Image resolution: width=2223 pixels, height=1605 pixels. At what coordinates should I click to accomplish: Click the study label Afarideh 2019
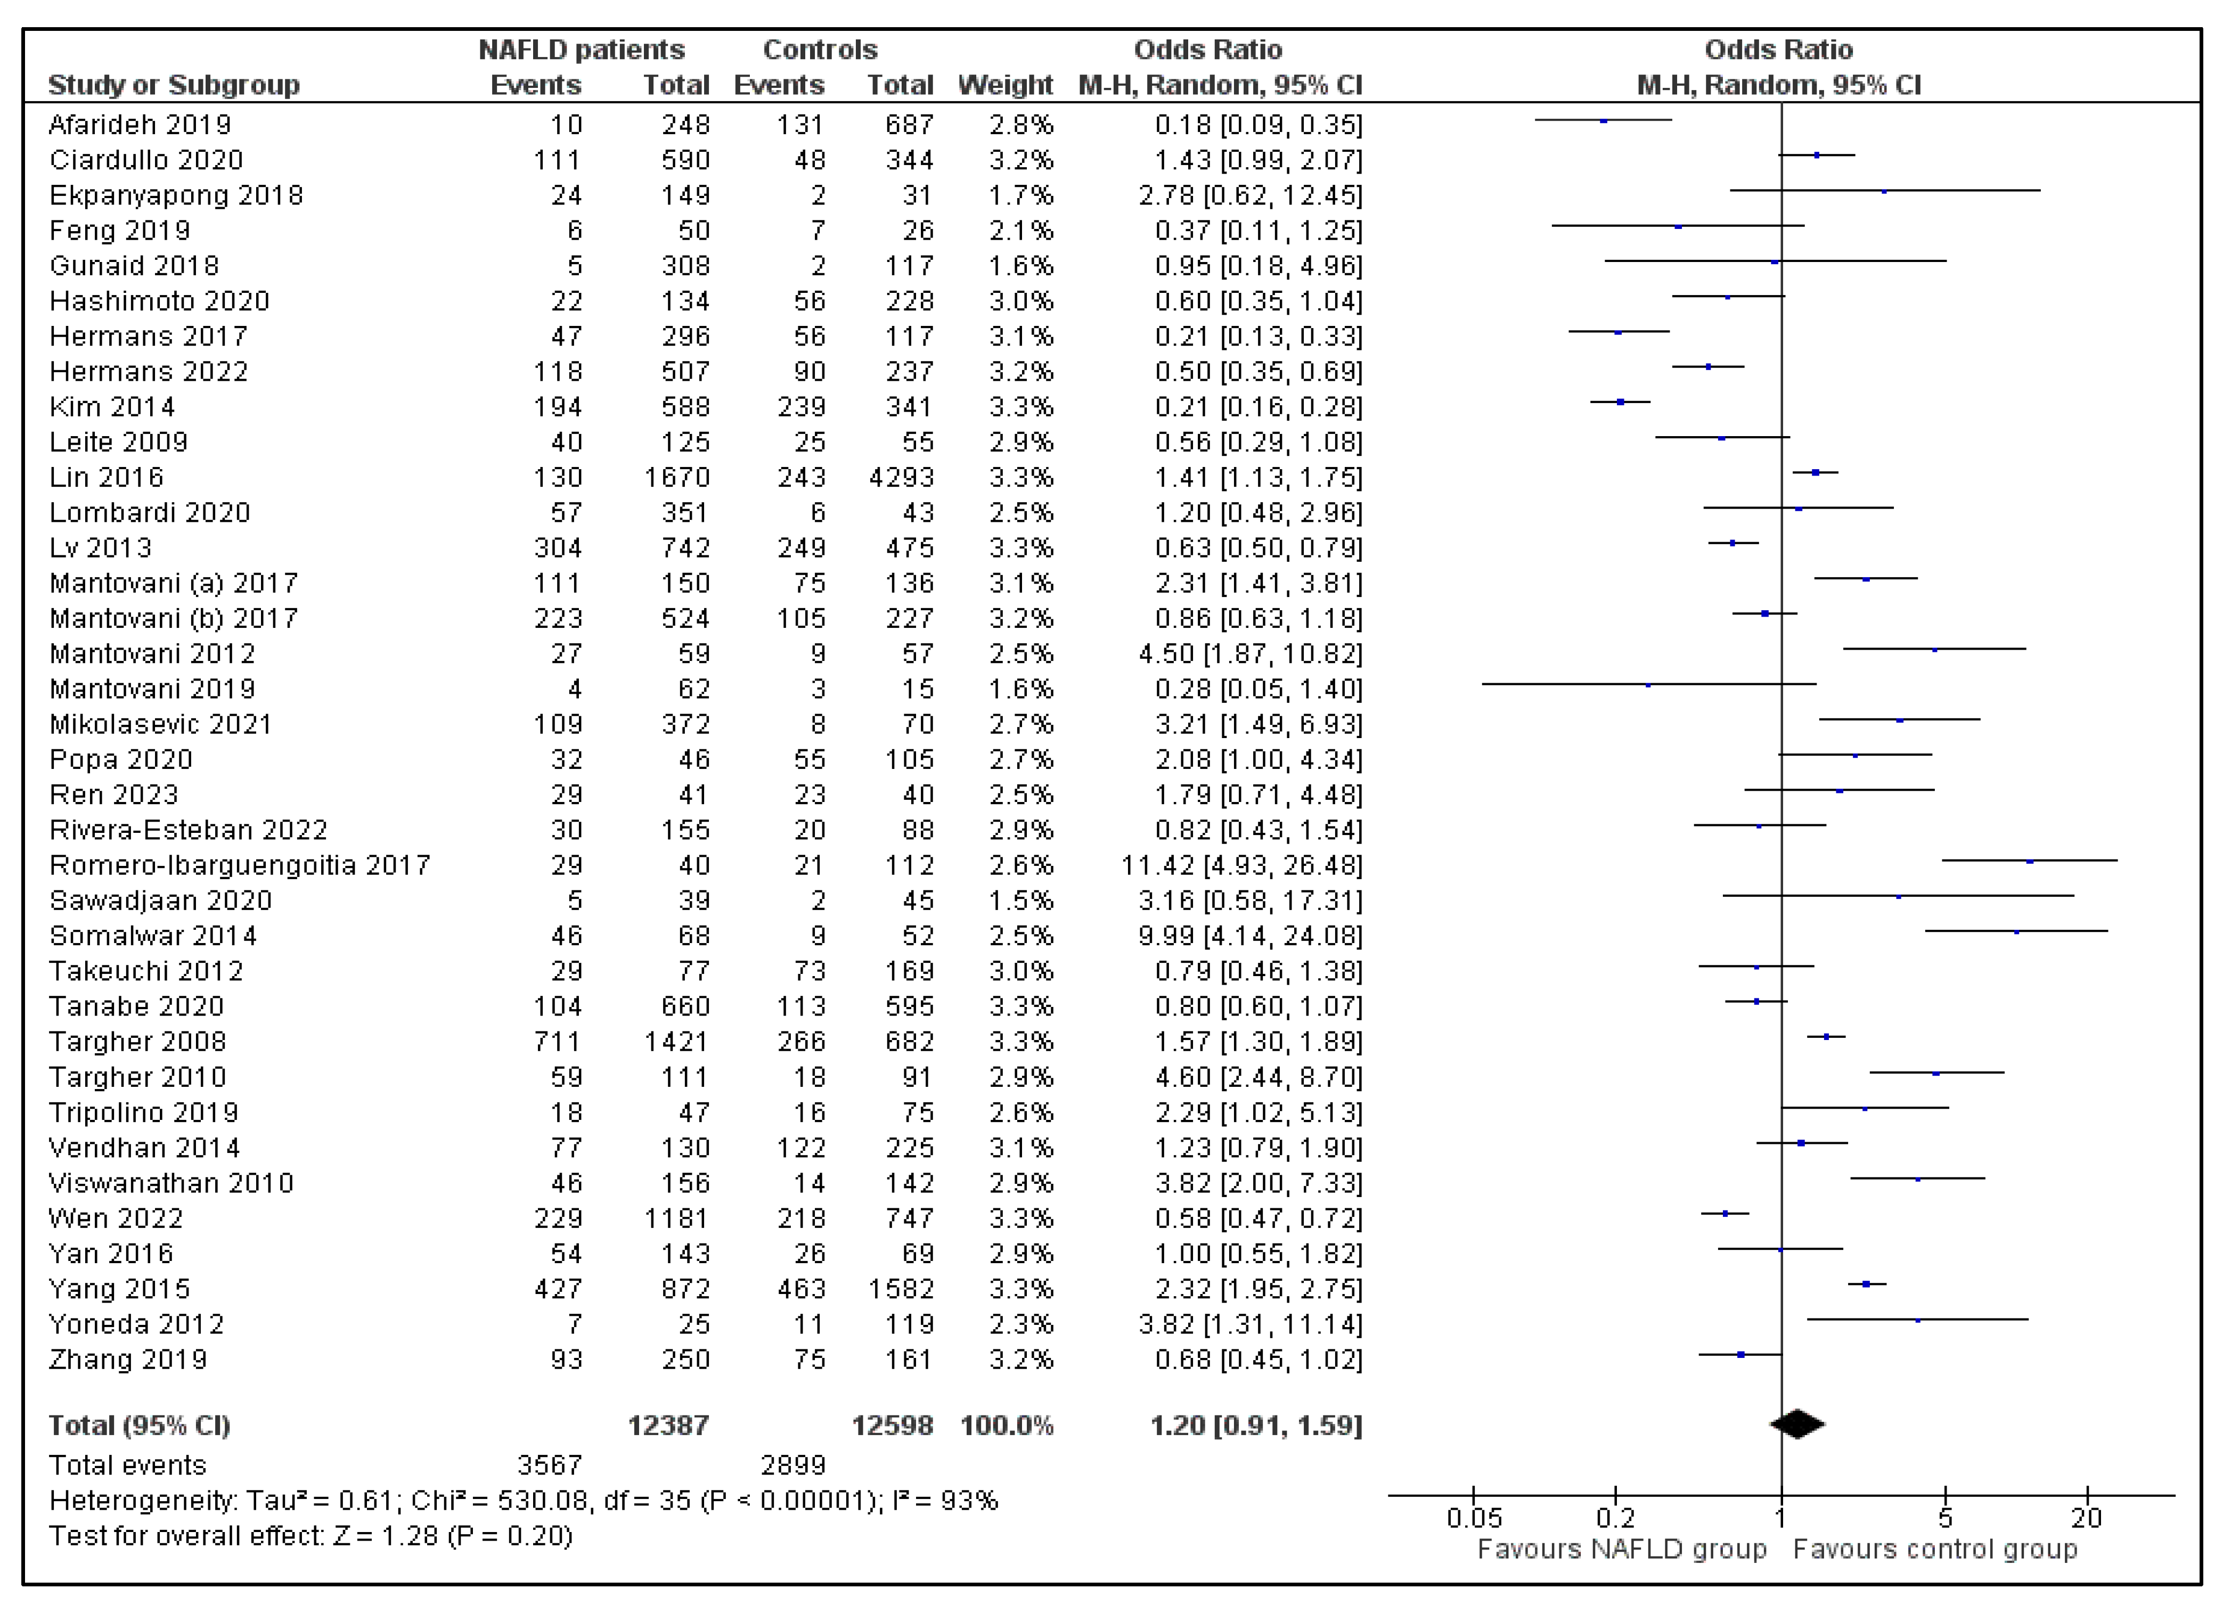140,125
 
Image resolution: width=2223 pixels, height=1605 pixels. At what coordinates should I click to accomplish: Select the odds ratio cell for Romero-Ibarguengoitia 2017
1241,865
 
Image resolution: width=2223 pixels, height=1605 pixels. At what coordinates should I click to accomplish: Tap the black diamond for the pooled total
1796,1424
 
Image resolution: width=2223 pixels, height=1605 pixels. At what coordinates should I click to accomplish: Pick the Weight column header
1004,85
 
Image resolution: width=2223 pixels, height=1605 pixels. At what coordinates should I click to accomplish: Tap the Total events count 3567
549,1465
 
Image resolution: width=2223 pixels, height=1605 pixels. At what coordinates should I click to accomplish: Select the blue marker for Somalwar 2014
2016,932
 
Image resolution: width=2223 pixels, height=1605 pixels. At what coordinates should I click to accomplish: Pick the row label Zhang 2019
128,1359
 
